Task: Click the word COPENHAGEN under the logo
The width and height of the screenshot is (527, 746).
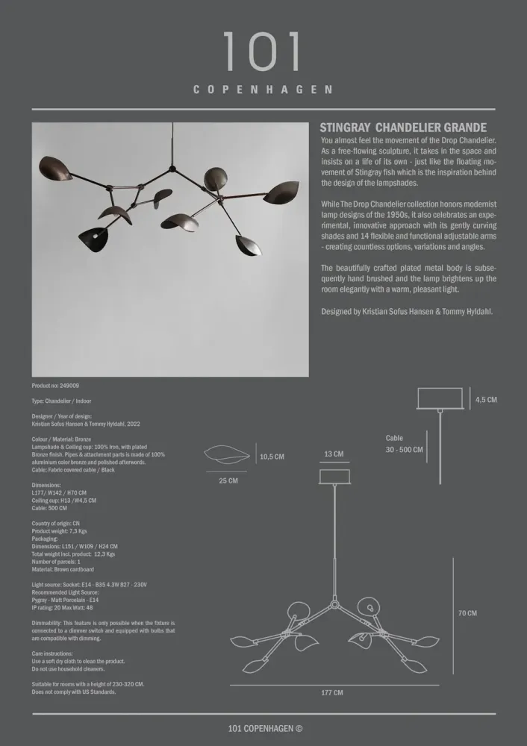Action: click(263, 90)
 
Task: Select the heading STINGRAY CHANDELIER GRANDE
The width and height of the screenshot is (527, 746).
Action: click(403, 128)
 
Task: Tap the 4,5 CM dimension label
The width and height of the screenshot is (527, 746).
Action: click(486, 400)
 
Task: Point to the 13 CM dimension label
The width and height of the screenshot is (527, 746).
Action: click(334, 454)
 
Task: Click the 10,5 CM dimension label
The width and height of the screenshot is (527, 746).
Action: click(272, 457)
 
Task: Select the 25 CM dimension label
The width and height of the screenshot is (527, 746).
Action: click(228, 481)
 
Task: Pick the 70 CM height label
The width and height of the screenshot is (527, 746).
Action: click(467, 613)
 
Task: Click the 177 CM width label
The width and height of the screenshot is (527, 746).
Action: click(332, 693)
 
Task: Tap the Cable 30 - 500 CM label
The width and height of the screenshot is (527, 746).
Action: click(404, 445)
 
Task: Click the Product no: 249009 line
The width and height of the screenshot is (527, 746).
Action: click(56, 386)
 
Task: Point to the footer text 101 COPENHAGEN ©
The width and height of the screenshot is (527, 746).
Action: click(265, 729)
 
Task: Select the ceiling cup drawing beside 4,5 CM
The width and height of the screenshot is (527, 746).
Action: click(439, 398)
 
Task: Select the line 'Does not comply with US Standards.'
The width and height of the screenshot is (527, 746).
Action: click(74, 692)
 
